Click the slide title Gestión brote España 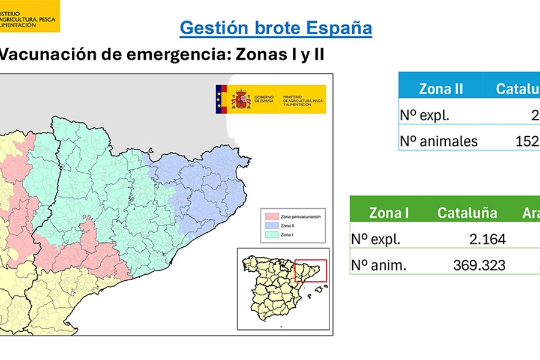[x=275, y=28]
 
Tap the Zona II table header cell [x=441, y=89]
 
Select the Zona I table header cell [x=389, y=212]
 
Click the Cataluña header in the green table [x=467, y=212]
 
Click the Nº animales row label [x=439, y=141]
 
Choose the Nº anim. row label [x=379, y=265]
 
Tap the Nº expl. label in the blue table [x=424, y=115]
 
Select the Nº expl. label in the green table [x=376, y=239]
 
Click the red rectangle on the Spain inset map [x=310, y=270]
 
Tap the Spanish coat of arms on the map [x=241, y=99]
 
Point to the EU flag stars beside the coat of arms [x=220, y=99]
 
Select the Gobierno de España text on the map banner [x=264, y=99]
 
